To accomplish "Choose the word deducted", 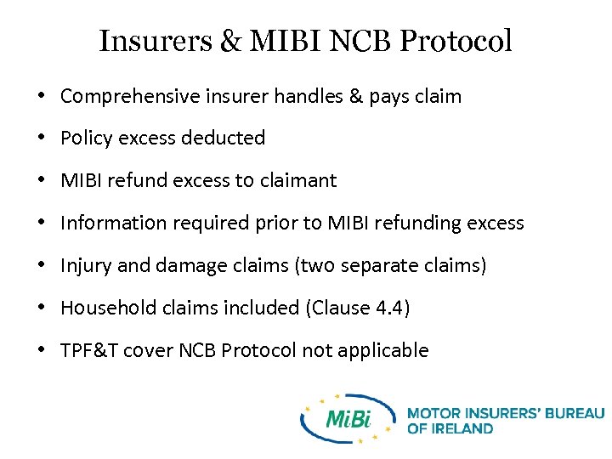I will point(225,138).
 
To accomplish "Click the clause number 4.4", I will point(388,308).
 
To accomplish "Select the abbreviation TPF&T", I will point(89,350).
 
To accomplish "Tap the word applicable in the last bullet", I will point(388,350).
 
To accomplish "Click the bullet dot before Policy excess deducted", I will point(42,138).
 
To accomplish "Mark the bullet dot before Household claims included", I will point(42,308).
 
